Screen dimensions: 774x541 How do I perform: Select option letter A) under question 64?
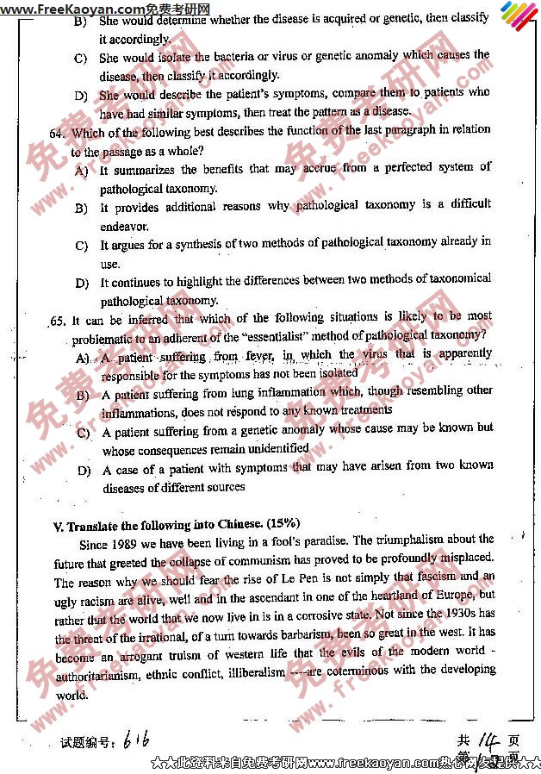point(82,171)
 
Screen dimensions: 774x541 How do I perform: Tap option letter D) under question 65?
point(84,471)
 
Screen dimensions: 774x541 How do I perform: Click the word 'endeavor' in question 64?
point(123,227)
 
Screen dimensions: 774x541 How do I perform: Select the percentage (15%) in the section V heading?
point(283,523)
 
